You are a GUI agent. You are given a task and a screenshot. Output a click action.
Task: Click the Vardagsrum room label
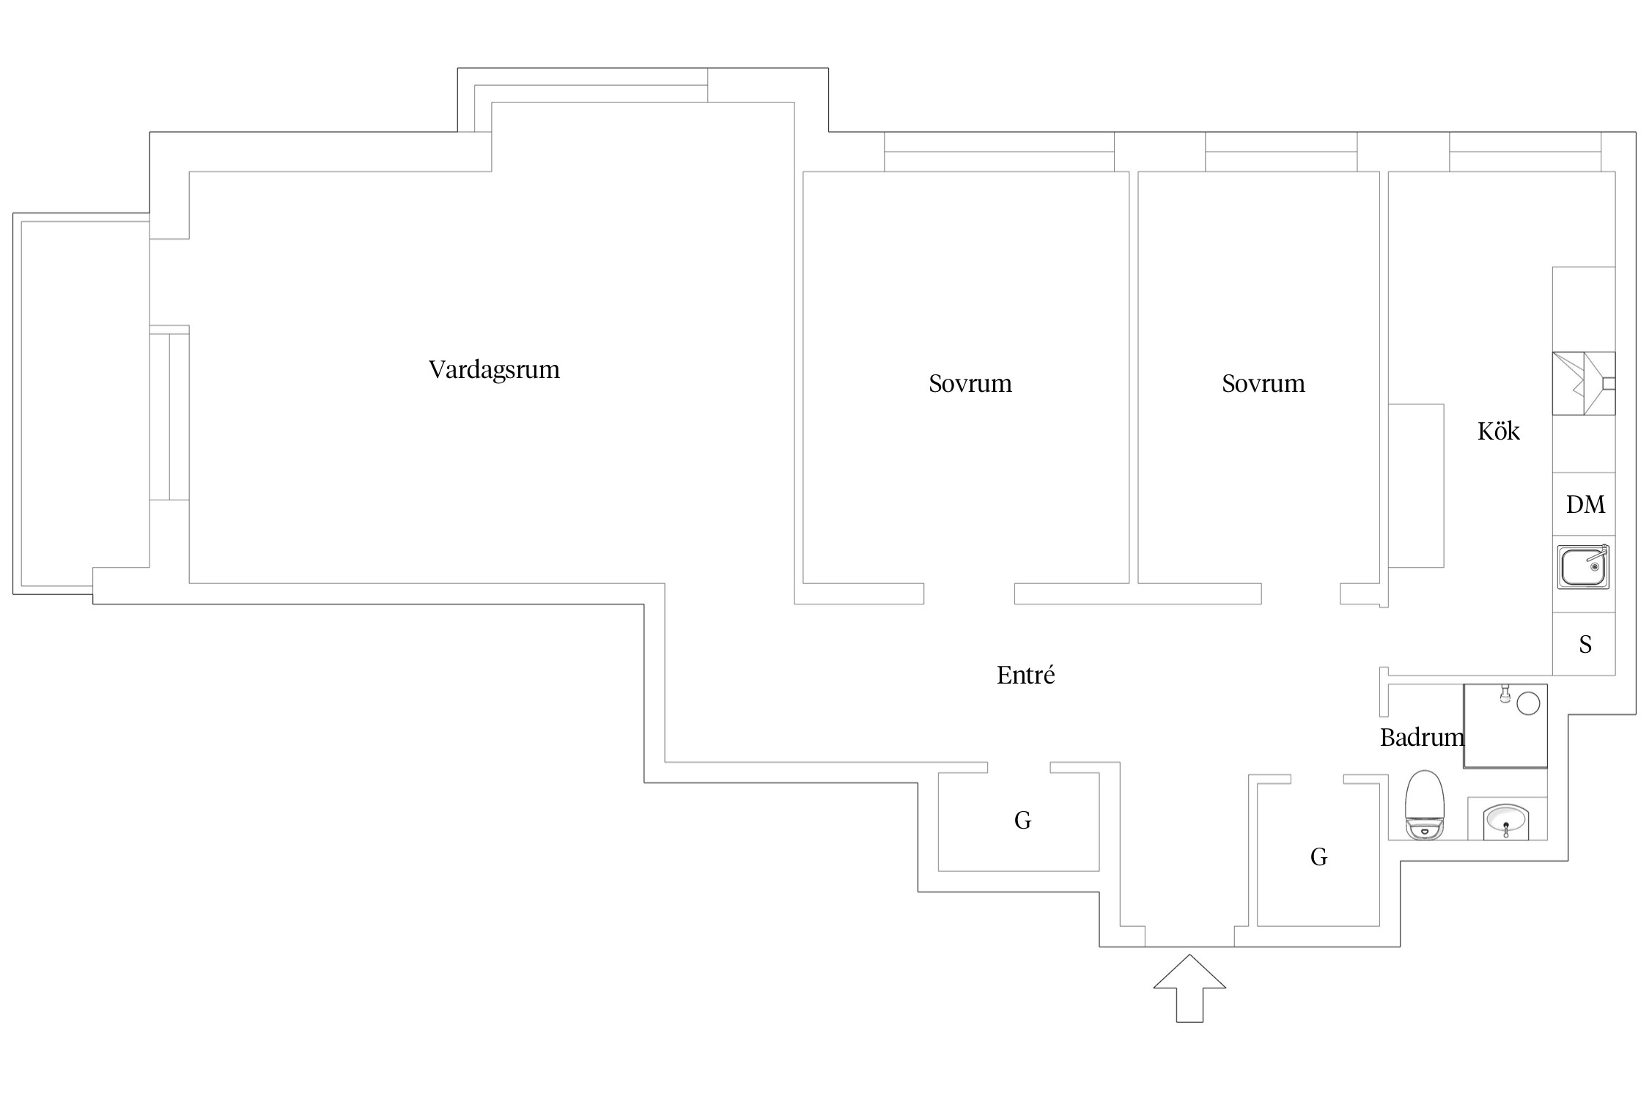pyautogui.click(x=494, y=369)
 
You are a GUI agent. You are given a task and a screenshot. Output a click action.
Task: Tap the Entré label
pyautogui.click(x=1025, y=675)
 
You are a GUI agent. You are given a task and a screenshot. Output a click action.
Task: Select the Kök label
pyautogui.click(x=1498, y=431)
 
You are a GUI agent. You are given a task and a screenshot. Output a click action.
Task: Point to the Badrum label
pyautogui.click(x=1421, y=737)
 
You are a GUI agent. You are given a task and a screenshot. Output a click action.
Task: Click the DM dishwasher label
pyautogui.click(x=1585, y=504)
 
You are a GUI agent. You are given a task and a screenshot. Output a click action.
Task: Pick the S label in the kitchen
pyautogui.click(x=1585, y=645)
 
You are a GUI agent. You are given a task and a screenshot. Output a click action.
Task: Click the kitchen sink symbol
pyautogui.click(x=1583, y=566)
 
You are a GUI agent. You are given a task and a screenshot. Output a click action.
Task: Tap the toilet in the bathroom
pyautogui.click(x=1424, y=804)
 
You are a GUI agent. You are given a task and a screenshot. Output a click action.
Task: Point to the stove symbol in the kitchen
pyautogui.click(x=1583, y=383)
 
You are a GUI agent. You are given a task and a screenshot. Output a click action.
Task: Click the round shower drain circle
pyautogui.click(x=1527, y=703)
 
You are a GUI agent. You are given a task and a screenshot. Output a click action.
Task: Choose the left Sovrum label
pyautogui.click(x=970, y=383)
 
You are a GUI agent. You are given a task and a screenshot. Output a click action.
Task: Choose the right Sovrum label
pyautogui.click(x=1263, y=383)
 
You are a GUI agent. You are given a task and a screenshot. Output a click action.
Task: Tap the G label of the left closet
pyautogui.click(x=1022, y=821)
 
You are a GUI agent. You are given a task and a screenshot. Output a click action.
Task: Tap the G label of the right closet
pyautogui.click(x=1318, y=856)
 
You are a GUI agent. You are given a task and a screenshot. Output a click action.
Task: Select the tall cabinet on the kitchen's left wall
pyautogui.click(x=1416, y=486)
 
